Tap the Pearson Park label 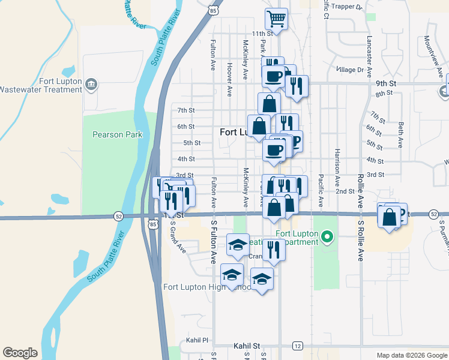click(x=118, y=134)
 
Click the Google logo click(x=20, y=353)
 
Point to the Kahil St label click(x=247, y=346)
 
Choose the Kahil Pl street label click(x=196, y=340)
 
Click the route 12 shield click(x=297, y=346)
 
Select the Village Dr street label click(x=351, y=70)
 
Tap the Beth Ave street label click(x=400, y=135)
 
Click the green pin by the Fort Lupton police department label click(x=327, y=238)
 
